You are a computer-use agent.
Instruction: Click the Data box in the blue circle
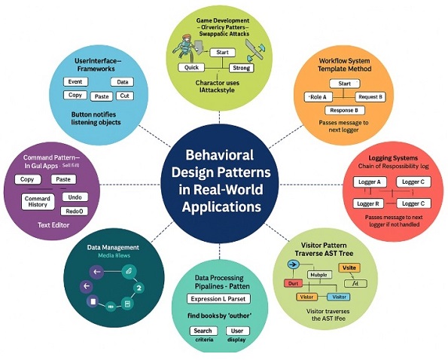tap(123, 81)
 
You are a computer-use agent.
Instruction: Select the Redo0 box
tap(74, 212)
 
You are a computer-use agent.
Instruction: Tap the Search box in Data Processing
tap(202, 331)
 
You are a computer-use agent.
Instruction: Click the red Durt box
tap(294, 283)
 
